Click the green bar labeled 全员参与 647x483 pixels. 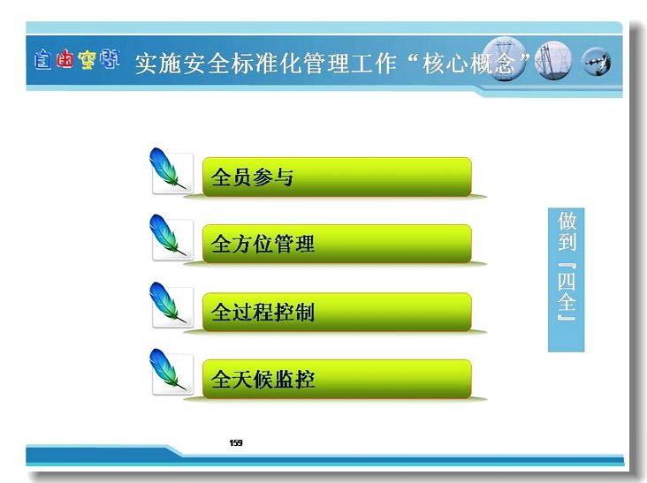[x=337, y=177]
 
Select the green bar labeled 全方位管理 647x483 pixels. [x=337, y=244]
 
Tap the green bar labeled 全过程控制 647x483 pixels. [x=337, y=312]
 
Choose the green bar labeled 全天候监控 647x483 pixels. [x=337, y=379]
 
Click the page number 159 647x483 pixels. [x=236, y=442]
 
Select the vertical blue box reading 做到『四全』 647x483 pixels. [x=566, y=280]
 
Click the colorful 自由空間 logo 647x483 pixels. [x=77, y=60]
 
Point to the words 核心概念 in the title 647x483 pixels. [x=468, y=63]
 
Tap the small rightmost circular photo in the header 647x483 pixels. [x=597, y=62]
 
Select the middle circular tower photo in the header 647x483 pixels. [x=553, y=60]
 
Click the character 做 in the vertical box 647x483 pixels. [x=567, y=221]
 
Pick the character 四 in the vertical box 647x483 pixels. [x=567, y=281]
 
